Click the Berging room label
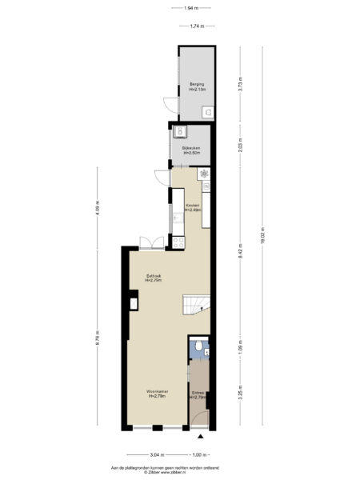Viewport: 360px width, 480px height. [x=196, y=86]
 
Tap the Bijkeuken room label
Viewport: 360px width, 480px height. [x=190, y=150]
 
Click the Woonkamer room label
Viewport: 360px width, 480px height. [x=156, y=393]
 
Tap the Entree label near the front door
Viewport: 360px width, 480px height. [x=198, y=394]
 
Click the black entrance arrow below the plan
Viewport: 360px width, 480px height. [x=200, y=437]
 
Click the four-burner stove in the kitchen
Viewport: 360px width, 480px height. [x=206, y=174]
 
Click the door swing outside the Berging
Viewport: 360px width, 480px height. [x=168, y=104]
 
